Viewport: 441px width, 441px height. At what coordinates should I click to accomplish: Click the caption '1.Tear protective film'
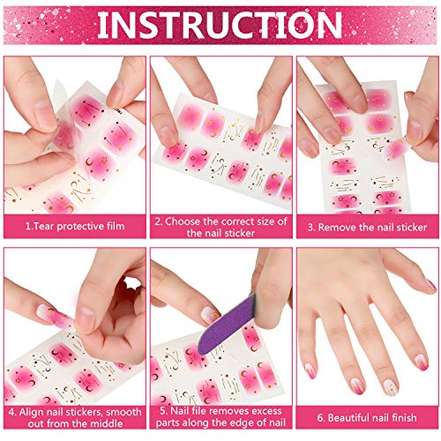(74, 227)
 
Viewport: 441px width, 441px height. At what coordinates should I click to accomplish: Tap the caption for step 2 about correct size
(220, 227)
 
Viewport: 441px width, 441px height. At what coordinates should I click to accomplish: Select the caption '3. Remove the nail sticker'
(366, 227)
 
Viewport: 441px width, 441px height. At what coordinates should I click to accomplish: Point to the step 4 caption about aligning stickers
(74, 416)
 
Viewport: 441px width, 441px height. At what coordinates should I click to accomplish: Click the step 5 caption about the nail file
(220, 416)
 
